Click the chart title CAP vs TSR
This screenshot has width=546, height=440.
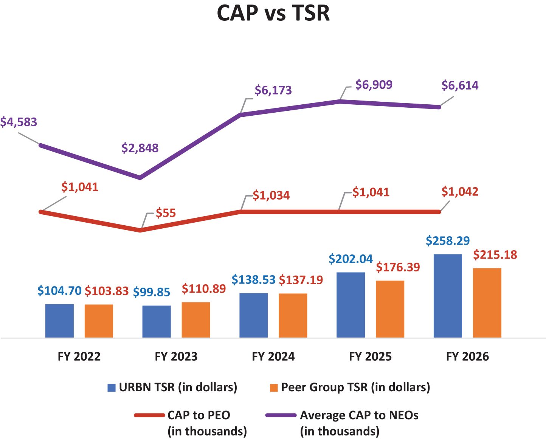click(273, 13)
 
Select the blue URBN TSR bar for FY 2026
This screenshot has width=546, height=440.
click(448, 296)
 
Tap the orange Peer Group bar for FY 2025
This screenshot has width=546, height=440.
click(390, 309)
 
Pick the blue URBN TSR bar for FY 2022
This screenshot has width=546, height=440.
click(59, 321)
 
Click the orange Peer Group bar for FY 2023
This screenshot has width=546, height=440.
click(196, 320)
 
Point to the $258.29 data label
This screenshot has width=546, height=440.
click(448, 241)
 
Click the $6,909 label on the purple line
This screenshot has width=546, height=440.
click(374, 85)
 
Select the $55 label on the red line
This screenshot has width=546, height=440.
click(166, 213)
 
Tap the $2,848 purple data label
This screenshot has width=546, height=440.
click(140, 148)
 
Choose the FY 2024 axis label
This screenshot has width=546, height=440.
click(273, 356)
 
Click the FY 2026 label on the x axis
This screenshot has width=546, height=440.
click(467, 356)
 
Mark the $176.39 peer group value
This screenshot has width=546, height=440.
click(398, 267)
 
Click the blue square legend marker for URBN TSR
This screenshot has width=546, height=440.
click(112, 387)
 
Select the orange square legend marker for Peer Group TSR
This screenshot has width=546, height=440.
click(274, 387)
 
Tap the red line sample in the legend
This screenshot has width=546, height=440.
click(149, 415)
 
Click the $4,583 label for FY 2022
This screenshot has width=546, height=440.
click(19, 122)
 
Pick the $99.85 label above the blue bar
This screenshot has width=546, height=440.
click(152, 292)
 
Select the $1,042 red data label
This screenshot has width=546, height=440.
click(460, 192)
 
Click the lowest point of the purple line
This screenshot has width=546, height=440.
click(140, 177)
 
